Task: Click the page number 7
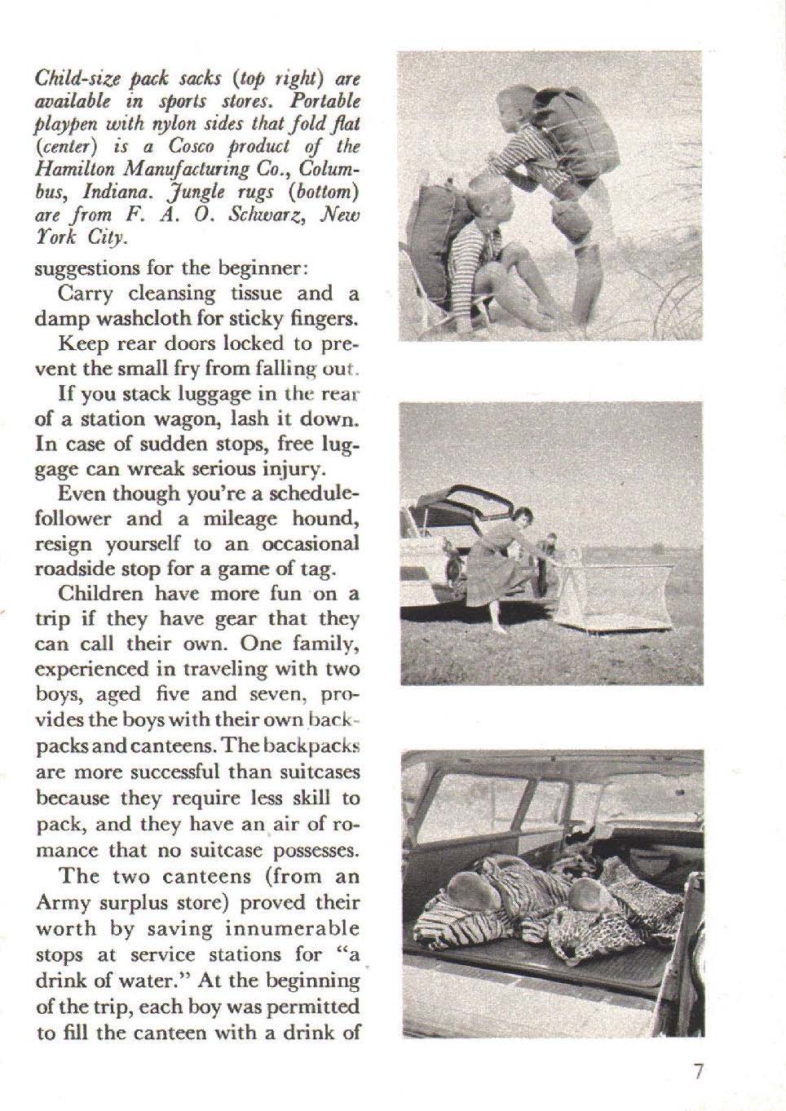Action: click(x=698, y=1074)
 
